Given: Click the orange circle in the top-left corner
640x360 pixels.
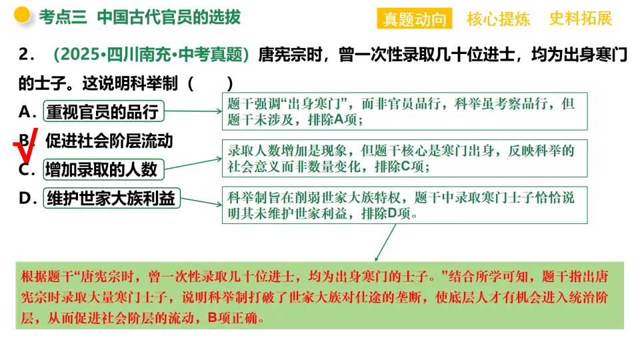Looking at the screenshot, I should point(22,15).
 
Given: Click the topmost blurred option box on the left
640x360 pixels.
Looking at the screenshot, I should point(103,110).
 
